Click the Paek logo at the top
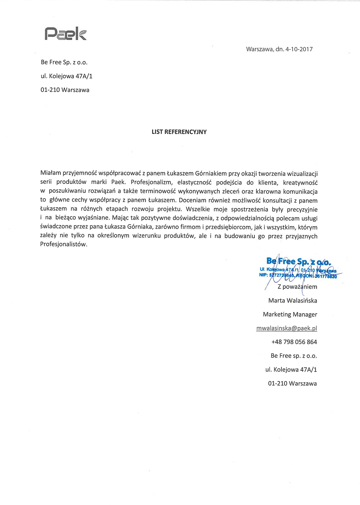(66, 34)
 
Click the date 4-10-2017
(299, 49)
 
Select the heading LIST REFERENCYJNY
(179, 132)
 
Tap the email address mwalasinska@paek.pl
(286, 328)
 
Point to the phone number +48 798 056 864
(294, 342)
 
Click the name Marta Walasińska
(292, 301)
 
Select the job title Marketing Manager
(290, 314)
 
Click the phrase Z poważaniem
(297, 287)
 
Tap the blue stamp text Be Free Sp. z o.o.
(299, 262)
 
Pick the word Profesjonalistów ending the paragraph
(64, 244)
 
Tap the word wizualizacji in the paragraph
(302, 173)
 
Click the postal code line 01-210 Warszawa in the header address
(65, 90)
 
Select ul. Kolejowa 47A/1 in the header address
(67, 76)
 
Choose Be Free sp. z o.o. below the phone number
(294, 356)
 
